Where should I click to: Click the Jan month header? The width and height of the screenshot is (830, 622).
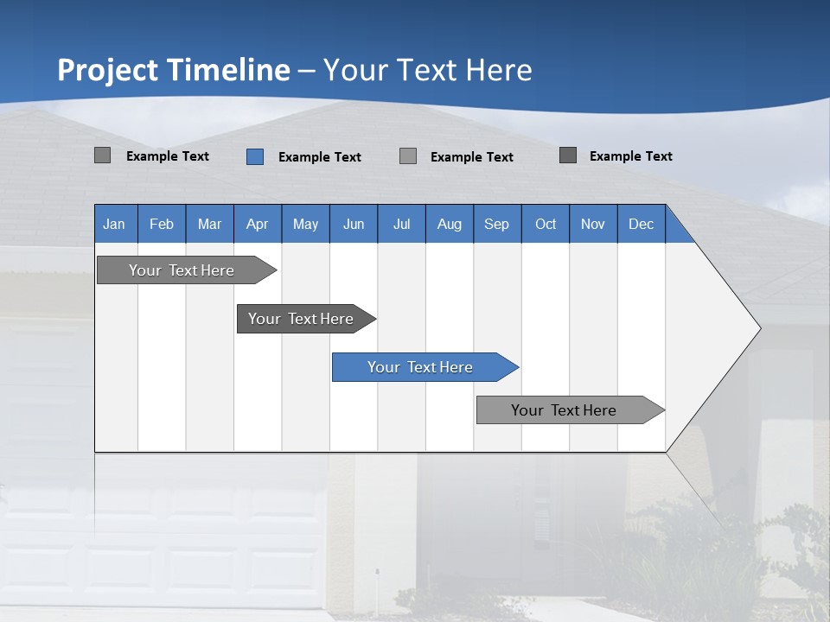115,224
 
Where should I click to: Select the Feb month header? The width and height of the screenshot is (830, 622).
162,224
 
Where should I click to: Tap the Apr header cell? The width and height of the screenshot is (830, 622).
258,224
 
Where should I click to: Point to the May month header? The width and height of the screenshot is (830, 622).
305,224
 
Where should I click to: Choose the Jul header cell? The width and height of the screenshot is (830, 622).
401,224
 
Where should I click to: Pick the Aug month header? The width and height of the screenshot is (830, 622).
450,224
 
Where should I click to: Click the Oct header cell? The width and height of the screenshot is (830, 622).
546,224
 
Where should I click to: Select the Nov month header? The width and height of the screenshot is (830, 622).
593,224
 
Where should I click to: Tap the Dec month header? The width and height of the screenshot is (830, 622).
641,224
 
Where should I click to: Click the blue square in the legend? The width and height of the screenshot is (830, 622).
254,156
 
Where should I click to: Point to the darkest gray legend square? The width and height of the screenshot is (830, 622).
568,155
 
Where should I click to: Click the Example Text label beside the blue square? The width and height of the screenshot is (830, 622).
320,157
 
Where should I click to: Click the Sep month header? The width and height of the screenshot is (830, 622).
497,224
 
